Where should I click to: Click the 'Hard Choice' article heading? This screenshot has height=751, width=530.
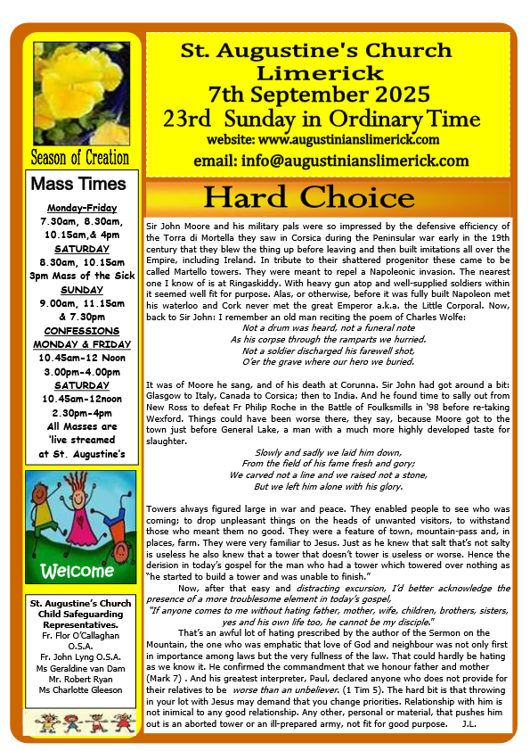point(329,198)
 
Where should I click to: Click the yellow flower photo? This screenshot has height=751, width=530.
point(79,90)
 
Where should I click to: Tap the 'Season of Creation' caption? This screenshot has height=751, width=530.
point(79,158)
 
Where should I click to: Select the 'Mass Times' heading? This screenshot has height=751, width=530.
point(79,185)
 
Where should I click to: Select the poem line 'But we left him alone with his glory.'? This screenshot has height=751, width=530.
point(329,486)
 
